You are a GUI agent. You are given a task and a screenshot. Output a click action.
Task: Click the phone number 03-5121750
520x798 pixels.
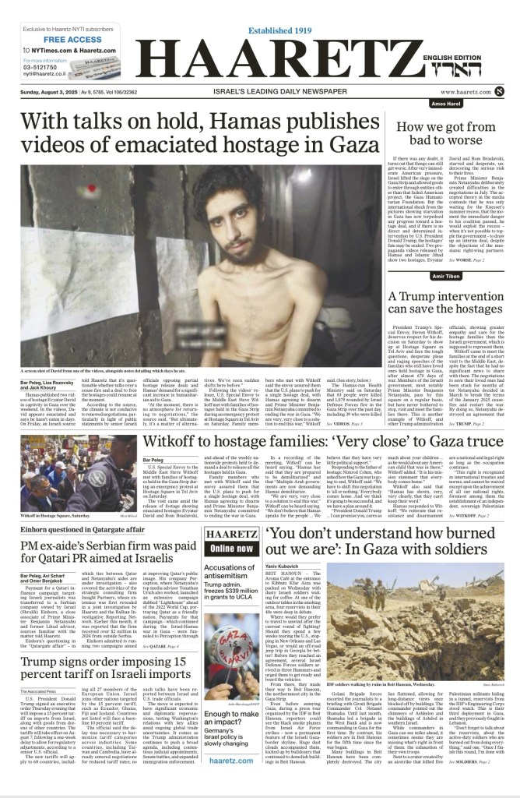pyautogui.click(x=41, y=67)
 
